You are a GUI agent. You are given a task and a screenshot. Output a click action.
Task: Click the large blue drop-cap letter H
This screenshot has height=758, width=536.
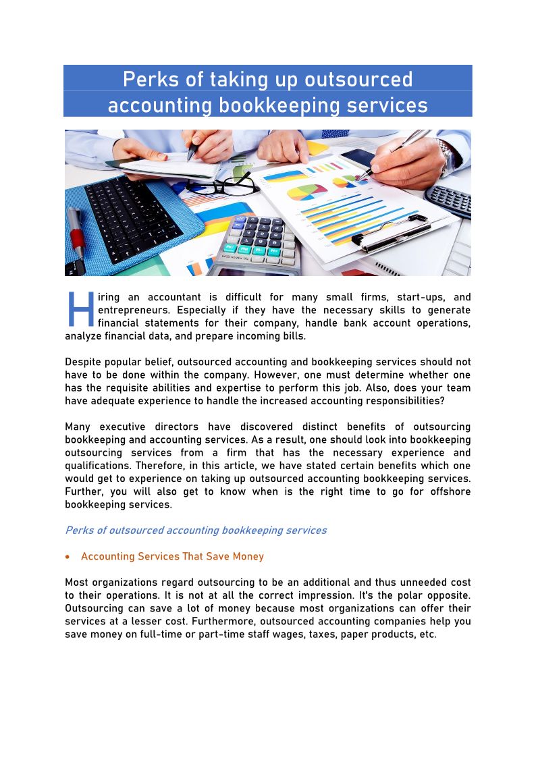(x=80, y=310)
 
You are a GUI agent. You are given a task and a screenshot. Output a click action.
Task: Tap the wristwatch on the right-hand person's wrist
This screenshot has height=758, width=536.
(x=448, y=155)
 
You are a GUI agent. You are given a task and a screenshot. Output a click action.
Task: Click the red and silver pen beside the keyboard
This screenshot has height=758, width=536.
(x=77, y=233)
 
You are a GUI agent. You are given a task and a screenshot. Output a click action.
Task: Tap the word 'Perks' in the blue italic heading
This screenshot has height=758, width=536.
(x=79, y=531)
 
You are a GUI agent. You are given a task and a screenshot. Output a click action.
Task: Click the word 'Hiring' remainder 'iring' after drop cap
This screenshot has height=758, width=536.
(x=109, y=297)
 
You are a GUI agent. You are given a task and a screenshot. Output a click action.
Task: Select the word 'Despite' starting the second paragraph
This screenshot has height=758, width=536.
(x=83, y=362)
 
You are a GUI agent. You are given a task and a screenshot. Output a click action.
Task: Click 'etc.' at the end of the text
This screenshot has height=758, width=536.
(x=427, y=634)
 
